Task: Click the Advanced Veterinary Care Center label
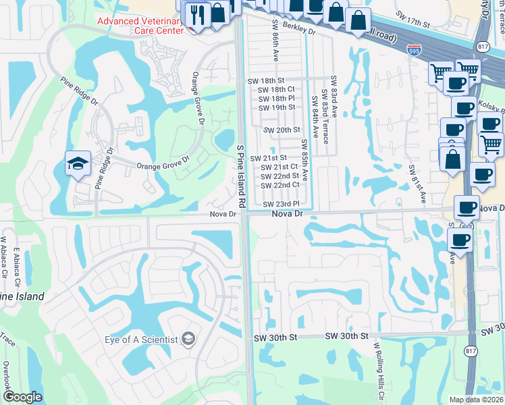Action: coord(140,26)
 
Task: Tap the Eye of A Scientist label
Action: coord(140,339)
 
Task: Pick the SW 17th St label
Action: coord(413,24)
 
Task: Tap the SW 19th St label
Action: coord(277,107)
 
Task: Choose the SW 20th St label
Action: coord(281,130)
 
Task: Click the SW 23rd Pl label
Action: coord(281,204)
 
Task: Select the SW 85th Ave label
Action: coord(304,160)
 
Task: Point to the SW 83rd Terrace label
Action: coord(324,117)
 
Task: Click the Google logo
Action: coord(22,397)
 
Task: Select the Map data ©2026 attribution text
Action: coord(475,400)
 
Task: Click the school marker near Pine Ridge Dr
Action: coord(78,164)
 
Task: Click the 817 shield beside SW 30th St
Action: coord(471,351)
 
